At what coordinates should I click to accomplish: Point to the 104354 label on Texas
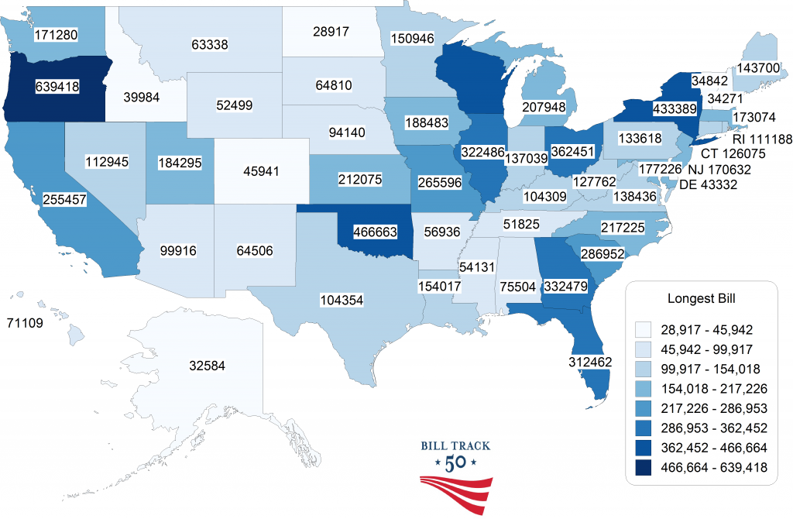(342, 299)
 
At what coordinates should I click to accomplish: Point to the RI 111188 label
(761, 139)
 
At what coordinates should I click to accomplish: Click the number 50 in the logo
(455, 463)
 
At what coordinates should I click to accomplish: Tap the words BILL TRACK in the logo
(455, 445)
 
